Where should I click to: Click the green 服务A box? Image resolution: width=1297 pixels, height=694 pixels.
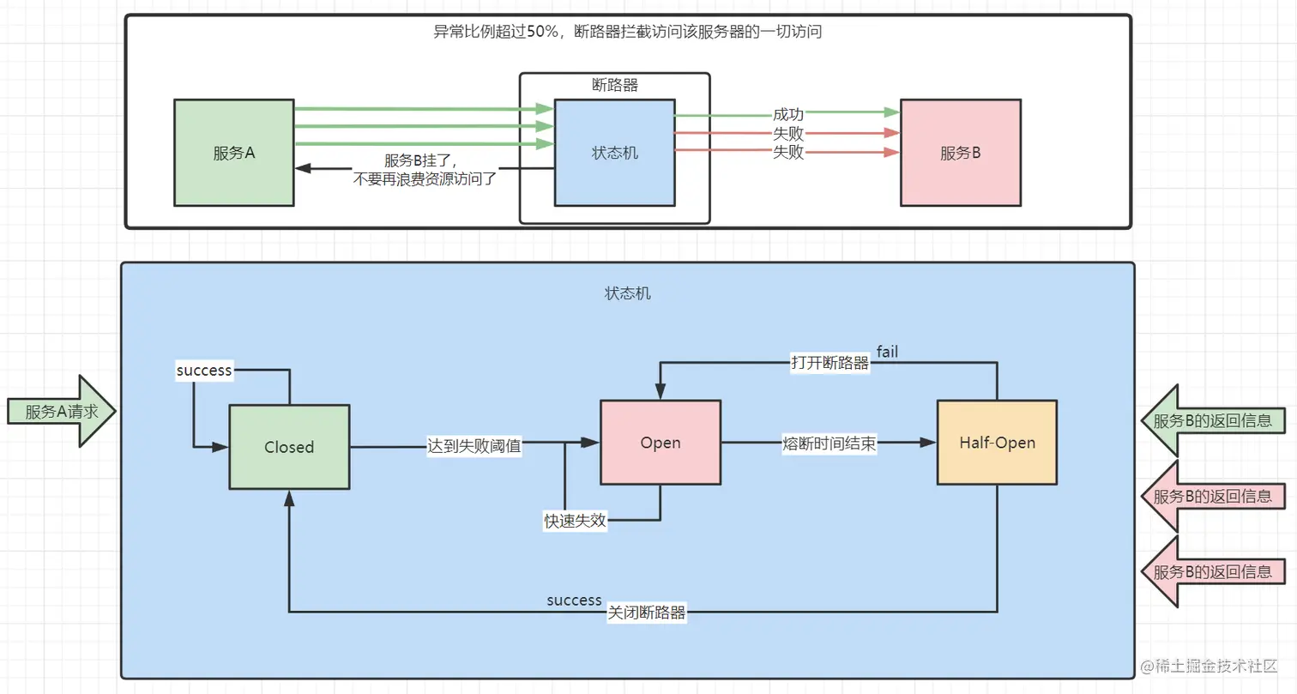[233, 153]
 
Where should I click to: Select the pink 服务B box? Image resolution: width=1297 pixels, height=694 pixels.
[960, 153]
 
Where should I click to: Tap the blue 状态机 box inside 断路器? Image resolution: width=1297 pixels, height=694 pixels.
[614, 153]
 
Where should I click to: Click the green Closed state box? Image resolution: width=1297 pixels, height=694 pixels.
[289, 447]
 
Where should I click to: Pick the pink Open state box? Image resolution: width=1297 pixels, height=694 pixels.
[661, 443]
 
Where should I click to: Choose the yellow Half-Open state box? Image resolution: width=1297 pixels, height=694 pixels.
[997, 443]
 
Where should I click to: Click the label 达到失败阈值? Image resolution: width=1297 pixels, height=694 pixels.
[474, 446]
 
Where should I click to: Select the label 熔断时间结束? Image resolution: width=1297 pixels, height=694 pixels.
[829, 444]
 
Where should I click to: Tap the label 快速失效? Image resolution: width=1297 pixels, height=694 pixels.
[575, 521]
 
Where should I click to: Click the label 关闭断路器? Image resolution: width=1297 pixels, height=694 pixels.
[647, 613]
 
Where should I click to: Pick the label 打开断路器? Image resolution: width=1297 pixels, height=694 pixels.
[829, 362]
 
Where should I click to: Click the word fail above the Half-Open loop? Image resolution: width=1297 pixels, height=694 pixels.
[887, 350]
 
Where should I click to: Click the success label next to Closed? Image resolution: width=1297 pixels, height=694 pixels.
[204, 371]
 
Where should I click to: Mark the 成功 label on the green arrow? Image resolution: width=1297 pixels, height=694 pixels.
[787, 115]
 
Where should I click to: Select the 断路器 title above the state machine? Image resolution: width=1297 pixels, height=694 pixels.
[614, 85]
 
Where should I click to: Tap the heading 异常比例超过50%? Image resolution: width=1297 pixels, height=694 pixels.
[498, 33]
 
